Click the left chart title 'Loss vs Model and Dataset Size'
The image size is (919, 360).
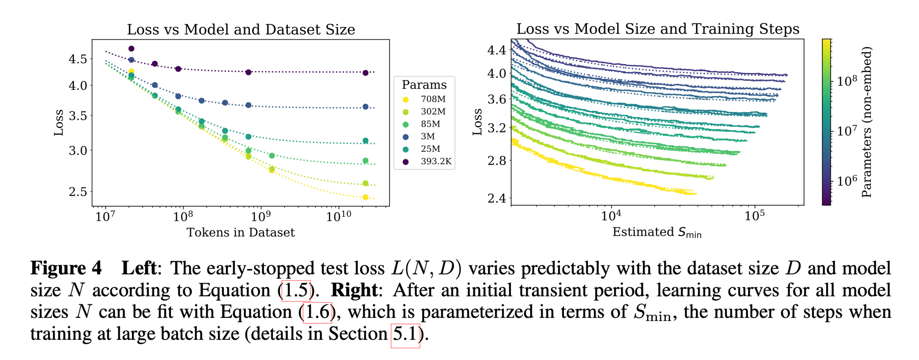coord(241,30)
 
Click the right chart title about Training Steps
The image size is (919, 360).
coord(658,29)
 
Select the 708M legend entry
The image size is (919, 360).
coord(433,99)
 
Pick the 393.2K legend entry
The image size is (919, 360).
coord(436,161)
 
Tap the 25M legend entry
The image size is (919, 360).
coord(430,149)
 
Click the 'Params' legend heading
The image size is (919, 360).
coord(424,85)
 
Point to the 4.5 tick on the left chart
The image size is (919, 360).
coord(78,59)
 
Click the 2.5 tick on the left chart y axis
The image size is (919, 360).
coord(78,192)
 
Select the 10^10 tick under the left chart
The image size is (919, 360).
coord(338,217)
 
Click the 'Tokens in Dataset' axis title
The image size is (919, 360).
coord(241,233)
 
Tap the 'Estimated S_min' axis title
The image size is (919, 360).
coord(657,232)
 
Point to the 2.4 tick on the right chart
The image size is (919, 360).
coord(497,199)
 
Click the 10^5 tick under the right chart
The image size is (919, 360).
coord(754,215)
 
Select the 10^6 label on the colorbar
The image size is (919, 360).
coord(847,181)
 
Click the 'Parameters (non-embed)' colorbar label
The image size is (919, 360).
coord(866,122)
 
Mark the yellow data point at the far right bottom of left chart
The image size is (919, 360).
coord(365,197)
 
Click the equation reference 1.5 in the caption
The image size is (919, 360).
coord(296,291)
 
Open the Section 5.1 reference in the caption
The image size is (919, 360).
coord(405,334)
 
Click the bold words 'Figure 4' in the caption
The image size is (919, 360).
coord(66,268)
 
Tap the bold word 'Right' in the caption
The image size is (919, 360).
coord(354,290)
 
